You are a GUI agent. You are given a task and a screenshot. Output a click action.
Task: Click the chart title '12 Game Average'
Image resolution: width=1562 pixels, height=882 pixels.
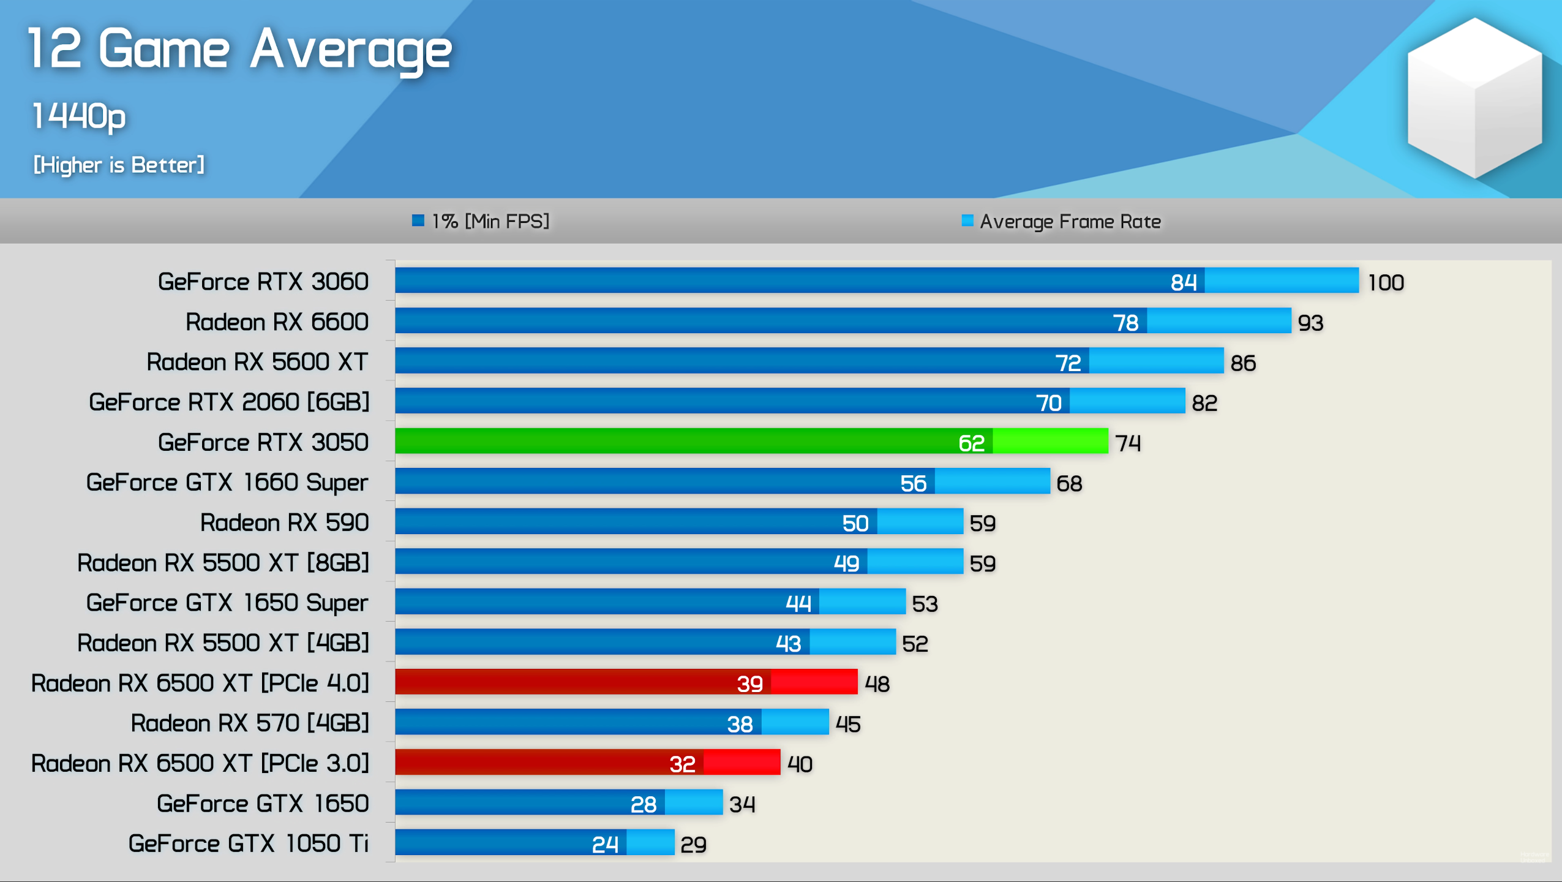tap(240, 49)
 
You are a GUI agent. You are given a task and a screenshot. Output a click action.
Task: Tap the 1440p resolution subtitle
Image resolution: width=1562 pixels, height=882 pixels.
tap(79, 116)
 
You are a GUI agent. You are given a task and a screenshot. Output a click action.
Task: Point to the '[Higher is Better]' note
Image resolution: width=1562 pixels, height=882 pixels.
tap(119, 165)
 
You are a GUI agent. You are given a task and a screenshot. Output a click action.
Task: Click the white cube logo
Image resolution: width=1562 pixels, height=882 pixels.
tap(1474, 98)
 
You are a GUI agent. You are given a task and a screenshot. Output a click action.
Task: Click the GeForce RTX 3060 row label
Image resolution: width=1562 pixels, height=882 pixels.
tap(263, 282)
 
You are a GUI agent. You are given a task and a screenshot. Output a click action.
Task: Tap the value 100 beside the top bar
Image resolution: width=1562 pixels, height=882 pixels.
tap(1386, 283)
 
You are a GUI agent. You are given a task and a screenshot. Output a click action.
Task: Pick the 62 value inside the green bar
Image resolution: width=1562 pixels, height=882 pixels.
tap(971, 443)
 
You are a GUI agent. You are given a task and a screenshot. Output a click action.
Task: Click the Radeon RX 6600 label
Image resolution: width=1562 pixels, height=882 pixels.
tap(277, 322)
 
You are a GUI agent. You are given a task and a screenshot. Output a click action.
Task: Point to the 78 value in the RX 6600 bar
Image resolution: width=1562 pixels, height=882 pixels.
tap(1125, 323)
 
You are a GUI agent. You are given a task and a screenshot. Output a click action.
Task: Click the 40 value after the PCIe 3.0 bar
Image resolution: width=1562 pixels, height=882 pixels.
tap(800, 764)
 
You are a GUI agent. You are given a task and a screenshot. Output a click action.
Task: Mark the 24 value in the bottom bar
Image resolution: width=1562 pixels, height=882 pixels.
tap(605, 845)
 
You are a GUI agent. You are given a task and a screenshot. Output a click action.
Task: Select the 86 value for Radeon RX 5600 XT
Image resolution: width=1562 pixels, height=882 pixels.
tap(1243, 363)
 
